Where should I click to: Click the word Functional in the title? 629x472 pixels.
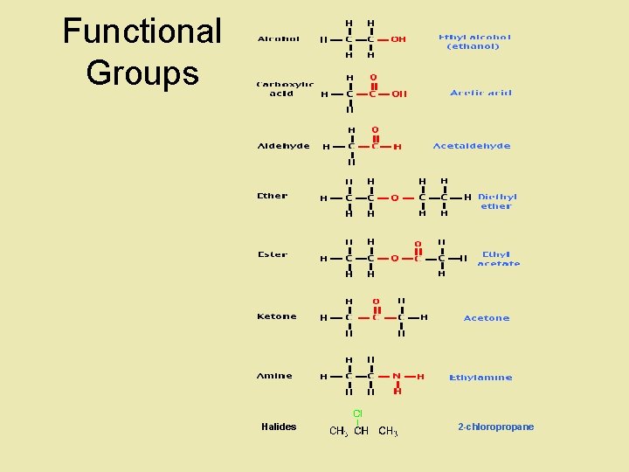pos(142,31)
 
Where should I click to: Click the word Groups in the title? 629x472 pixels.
pos(142,73)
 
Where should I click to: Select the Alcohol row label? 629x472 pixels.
pos(279,38)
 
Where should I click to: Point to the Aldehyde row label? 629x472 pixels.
pos(283,146)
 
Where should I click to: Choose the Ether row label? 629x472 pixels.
pos(273,196)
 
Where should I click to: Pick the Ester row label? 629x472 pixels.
pos(273,254)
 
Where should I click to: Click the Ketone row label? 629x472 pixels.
pos(277,316)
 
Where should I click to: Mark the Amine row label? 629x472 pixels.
pos(275,376)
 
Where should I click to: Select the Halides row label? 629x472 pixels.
pos(279,427)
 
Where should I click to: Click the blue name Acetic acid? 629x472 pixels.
pos(481,93)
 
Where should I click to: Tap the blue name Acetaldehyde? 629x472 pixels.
pos(472,146)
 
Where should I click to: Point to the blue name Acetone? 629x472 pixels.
pos(487,318)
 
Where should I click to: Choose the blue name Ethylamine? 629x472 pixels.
pos(480,378)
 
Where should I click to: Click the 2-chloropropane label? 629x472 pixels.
pos(495,427)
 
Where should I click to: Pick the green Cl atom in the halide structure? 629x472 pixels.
pos(358,413)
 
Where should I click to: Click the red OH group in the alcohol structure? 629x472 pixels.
pos(398,39)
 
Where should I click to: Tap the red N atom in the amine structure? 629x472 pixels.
pos(397,377)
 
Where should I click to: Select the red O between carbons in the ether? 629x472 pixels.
pos(395,198)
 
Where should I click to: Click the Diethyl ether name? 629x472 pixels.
pos(497,201)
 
